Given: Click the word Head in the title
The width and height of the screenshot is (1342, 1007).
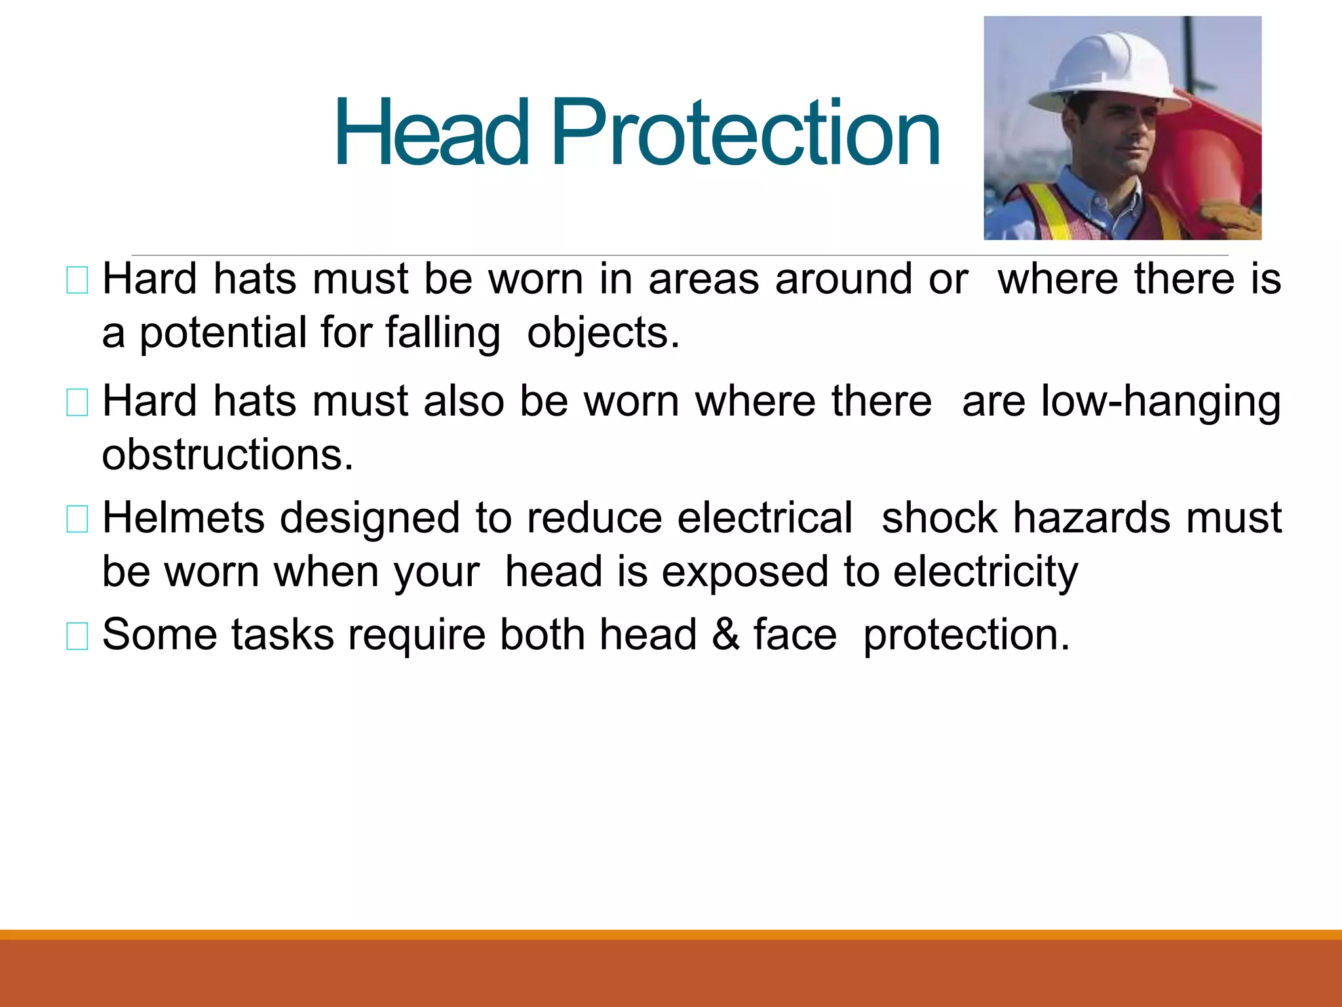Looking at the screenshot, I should click(x=431, y=132).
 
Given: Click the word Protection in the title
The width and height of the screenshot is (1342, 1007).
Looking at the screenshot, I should click(x=746, y=132).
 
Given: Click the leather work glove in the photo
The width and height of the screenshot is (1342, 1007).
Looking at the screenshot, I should click(x=1232, y=220).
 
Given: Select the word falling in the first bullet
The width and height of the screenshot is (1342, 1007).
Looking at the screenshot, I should click(x=443, y=333).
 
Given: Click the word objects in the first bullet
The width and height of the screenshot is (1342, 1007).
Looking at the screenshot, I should click(x=603, y=333).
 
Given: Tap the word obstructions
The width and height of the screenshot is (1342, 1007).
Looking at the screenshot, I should click(x=227, y=454).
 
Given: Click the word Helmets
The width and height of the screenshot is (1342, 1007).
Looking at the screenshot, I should click(x=183, y=518).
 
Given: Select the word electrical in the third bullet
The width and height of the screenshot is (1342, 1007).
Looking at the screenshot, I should click(x=765, y=518).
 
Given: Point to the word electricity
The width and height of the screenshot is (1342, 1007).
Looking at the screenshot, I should click(x=986, y=572).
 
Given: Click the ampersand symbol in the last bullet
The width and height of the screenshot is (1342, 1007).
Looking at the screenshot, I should click(x=725, y=635).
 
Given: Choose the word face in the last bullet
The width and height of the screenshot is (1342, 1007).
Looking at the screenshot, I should click(x=795, y=635).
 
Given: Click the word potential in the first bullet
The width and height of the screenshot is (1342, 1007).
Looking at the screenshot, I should click(x=223, y=333).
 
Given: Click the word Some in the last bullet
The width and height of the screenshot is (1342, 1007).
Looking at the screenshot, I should click(x=159, y=635).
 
